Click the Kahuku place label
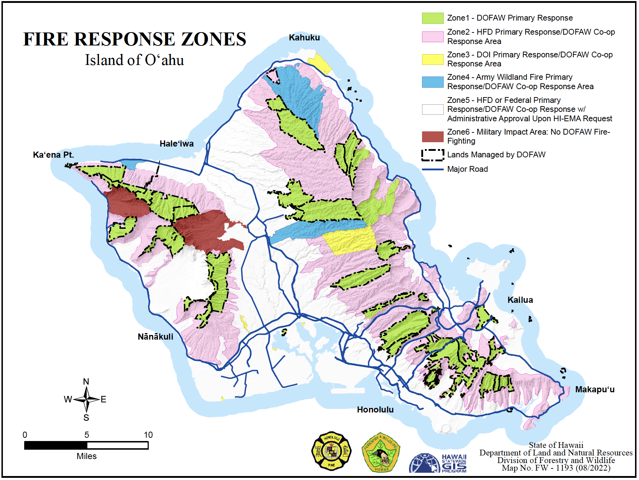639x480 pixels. pos(304,38)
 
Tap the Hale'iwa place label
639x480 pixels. pos(177,144)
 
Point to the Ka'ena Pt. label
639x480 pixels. pos(53,155)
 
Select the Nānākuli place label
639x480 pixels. pos(155,337)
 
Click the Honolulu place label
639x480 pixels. pos(375,410)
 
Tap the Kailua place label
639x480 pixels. pos(520,300)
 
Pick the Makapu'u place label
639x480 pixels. pos(595,389)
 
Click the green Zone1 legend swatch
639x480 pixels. pos(432,18)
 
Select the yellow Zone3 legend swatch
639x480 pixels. pos(432,59)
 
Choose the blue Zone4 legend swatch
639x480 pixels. pos(432,82)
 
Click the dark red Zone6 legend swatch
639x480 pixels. pos(432,137)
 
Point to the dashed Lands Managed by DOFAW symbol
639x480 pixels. pos(432,155)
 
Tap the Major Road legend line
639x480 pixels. pos(432,169)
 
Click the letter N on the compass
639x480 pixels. pos(86,382)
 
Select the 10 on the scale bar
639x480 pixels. pos(148,435)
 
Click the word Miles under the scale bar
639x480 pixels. pos(86,456)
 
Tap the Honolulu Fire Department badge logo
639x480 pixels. pos(331,451)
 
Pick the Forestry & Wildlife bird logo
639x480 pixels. pos(381,453)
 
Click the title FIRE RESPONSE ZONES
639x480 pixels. pos(135,39)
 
